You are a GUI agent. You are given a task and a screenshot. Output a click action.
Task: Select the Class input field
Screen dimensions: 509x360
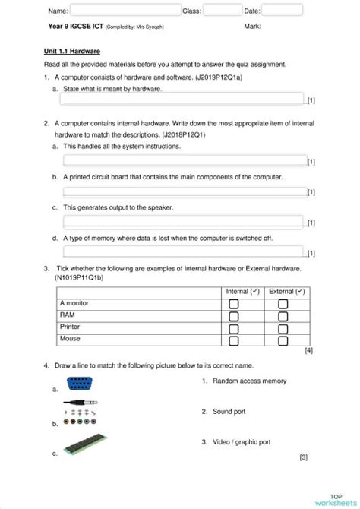click(222, 11)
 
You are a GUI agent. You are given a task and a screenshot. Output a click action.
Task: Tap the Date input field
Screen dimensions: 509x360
click(283, 11)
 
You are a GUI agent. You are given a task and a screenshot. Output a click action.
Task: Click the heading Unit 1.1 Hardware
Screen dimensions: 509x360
click(70, 50)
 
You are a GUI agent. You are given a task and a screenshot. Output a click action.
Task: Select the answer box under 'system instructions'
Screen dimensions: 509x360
click(185, 160)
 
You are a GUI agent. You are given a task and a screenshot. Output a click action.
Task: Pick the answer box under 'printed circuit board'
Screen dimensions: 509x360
click(185, 191)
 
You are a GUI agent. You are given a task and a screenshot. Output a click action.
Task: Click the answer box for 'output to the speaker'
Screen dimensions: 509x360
click(185, 221)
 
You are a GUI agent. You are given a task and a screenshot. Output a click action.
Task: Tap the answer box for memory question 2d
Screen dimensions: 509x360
click(185, 251)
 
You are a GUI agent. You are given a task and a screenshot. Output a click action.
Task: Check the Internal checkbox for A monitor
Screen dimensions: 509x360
click(234, 304)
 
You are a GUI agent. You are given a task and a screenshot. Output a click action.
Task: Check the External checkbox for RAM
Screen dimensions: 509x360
click(283, 316)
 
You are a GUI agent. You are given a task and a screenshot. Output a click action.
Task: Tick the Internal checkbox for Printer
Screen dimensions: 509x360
click(234, 328)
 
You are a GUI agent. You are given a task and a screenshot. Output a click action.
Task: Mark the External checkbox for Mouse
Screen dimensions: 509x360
click(283, 340)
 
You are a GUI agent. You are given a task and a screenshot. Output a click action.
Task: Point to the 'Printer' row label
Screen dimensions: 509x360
click(70, 327)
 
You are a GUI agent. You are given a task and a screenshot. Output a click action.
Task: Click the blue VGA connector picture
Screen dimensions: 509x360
click(81, 383)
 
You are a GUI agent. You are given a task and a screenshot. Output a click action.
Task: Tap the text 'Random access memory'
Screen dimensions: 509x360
click(249, 381)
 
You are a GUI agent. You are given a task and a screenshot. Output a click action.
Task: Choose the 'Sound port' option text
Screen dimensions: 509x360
click(229, 411)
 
